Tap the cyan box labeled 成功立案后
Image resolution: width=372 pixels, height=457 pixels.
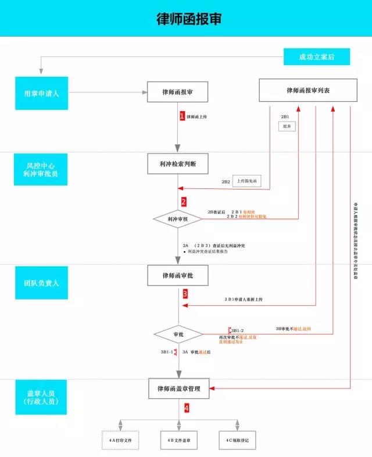[316, 57]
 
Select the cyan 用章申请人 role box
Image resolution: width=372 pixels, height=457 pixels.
[42, 92]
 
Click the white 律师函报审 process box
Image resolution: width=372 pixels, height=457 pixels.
[177, 91]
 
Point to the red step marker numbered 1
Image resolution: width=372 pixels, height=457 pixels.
[182, 116]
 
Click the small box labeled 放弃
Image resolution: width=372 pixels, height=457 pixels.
[287, 126]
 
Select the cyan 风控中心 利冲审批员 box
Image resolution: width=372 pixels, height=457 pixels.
[42, 170]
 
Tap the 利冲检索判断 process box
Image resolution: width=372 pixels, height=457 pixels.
[178, 165]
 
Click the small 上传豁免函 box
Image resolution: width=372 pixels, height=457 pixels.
[251, 181]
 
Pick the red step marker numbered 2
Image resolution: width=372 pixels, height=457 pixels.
[184, 202]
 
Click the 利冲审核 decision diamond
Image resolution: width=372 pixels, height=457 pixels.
[178, 219]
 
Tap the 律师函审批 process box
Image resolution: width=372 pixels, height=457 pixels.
[178, 276]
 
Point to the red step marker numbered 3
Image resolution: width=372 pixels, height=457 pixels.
[185, 294]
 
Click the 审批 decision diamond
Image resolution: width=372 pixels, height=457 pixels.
[178, 334]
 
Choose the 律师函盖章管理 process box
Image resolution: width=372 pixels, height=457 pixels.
[178, 388]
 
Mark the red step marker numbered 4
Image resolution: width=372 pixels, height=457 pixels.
[187, 408]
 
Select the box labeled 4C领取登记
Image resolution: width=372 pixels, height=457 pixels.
[237, 440]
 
